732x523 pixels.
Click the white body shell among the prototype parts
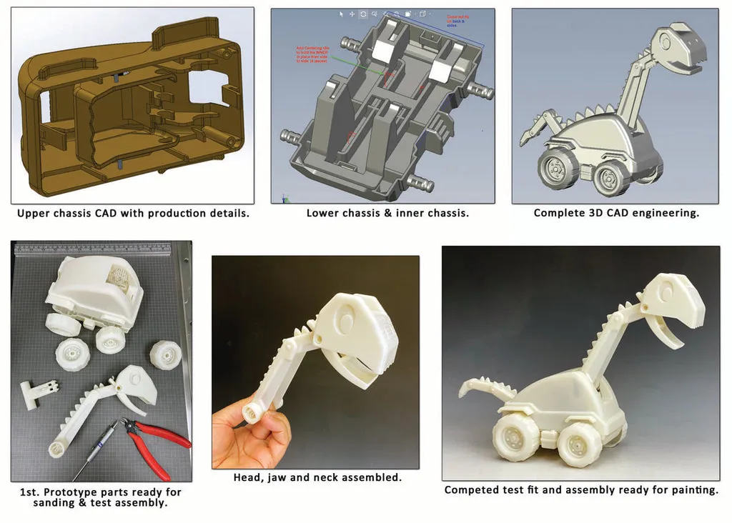click(93, 293)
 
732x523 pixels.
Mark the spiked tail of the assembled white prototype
click(487, 387)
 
